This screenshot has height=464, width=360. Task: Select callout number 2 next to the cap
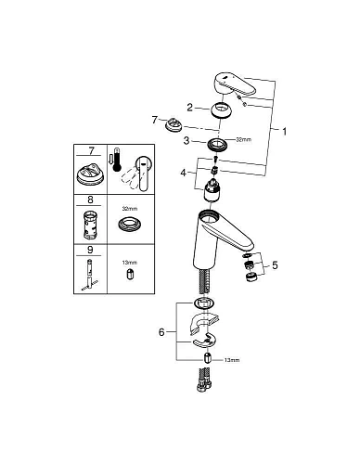click(189, 107)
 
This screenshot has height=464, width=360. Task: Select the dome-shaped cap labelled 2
click(222, 110)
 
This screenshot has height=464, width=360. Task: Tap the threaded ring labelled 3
click(221, 143)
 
